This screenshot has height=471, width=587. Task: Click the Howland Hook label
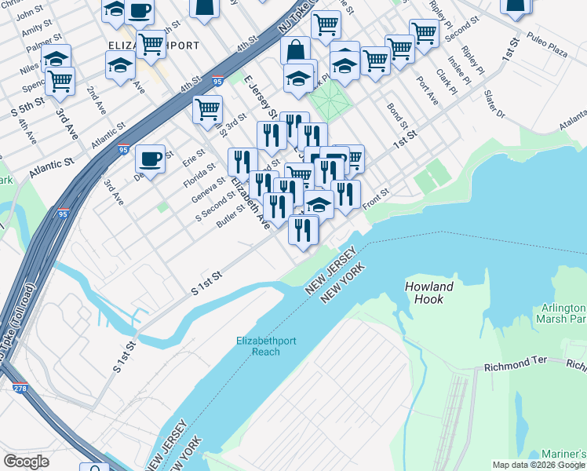[429, 293]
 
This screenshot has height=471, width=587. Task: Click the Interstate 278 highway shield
[20, 388]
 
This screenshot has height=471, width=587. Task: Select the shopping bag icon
[296, 51]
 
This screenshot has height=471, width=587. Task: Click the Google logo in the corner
[26, 462]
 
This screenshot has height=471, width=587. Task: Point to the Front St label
[375, 193]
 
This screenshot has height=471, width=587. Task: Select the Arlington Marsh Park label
[560, 313]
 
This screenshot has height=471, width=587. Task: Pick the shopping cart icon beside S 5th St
[60, 81]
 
